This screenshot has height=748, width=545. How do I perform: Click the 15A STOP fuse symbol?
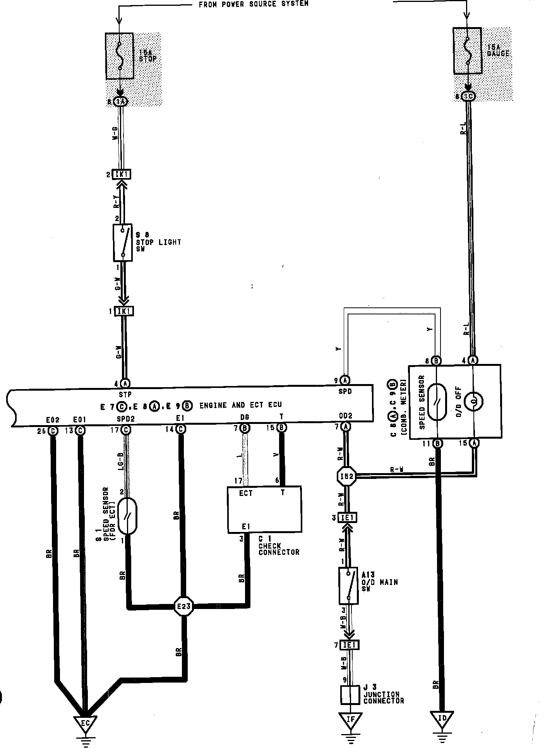tap(120, 56)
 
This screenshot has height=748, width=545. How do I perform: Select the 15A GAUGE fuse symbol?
tap(468, 50)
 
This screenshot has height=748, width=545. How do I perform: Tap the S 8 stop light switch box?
tap(123, 242)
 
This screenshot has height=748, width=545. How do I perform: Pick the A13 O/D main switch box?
tap(348, 586)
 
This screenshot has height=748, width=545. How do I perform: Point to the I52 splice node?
tap(346, 477)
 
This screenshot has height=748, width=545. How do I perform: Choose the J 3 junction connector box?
tap(350, 695)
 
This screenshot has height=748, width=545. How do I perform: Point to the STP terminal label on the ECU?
tap(125, 395)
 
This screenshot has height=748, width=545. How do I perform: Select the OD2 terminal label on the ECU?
tap(345, 416)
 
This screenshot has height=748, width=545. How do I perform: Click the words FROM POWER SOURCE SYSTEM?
tap(254, 4)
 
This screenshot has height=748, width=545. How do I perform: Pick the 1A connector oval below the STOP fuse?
tap(120, 102)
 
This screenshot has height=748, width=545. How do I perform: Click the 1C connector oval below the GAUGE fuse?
tap(468, 96)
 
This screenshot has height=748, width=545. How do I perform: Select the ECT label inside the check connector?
tap(246, 493)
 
